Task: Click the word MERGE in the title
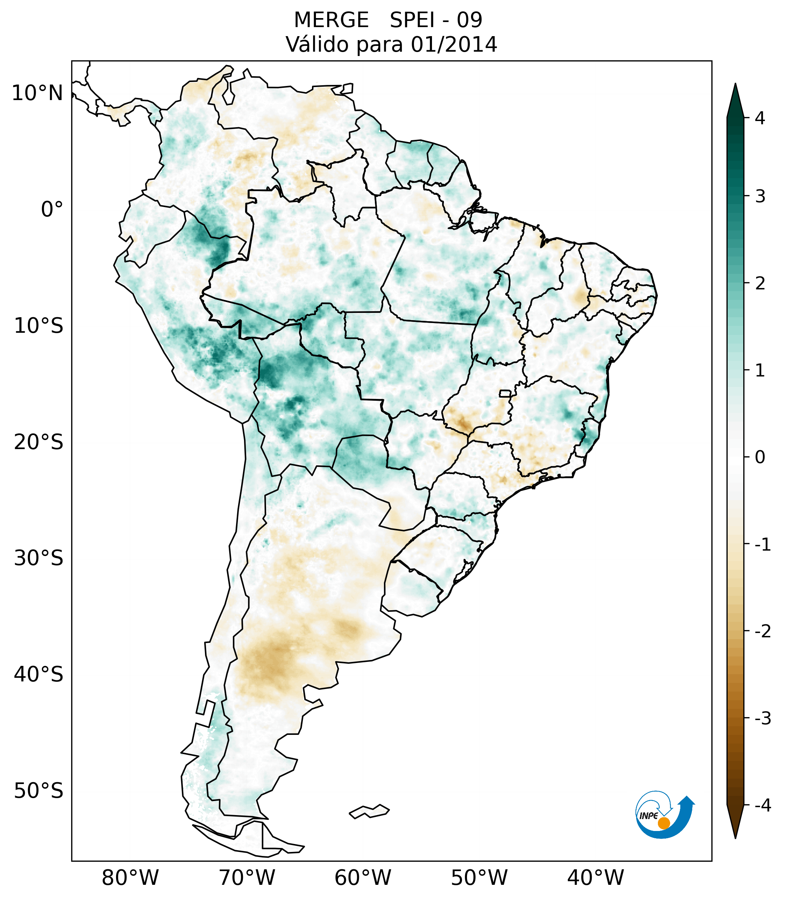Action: click(331, 20)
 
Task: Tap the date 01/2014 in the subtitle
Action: click(454, 44)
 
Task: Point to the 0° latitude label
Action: click(52, 210)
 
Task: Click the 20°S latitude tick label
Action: click(39, 442)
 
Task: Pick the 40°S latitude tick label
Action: click(39, 675)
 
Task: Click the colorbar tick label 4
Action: click(760, 118)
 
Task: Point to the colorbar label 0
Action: click(760, 457)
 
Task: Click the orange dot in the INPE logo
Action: click(664, 823)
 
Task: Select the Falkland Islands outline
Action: click(369, 811)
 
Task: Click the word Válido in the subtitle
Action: click(316, 44)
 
